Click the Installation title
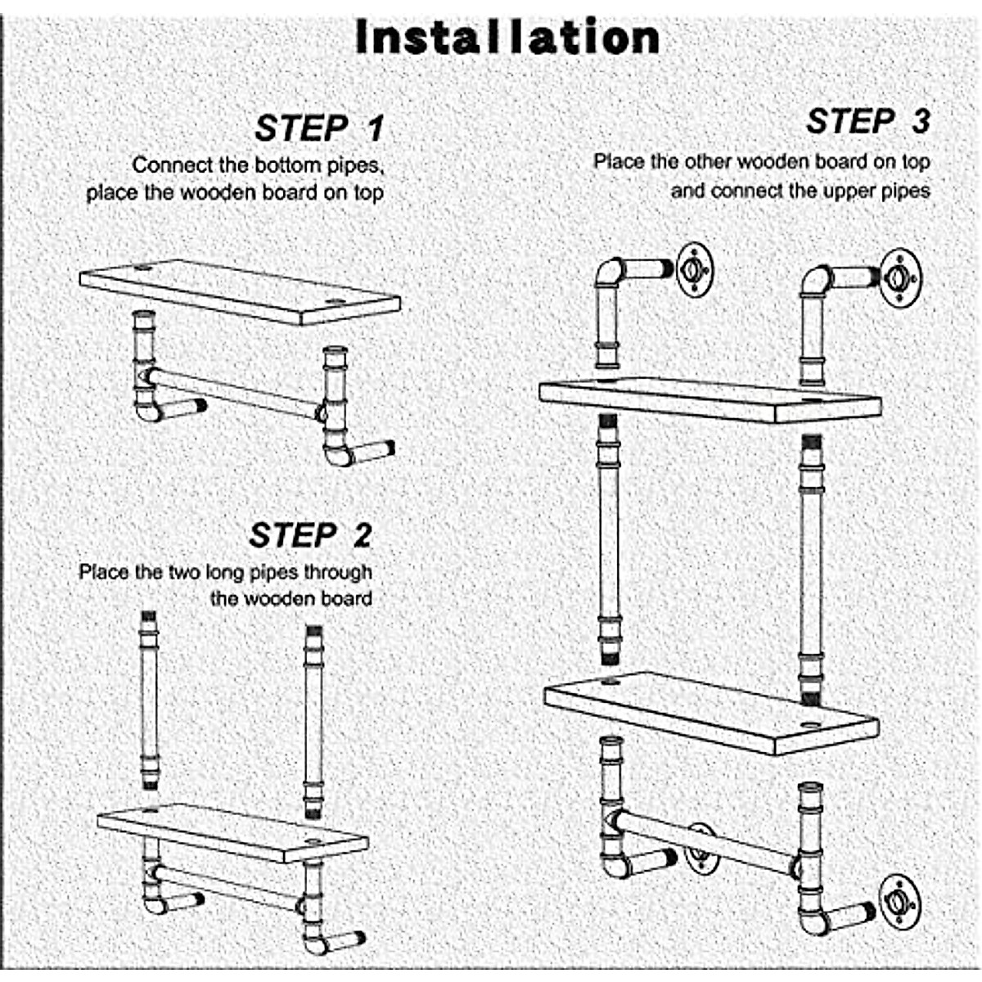coord(507,38)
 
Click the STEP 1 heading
coord(319,128)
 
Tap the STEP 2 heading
coord(310,535)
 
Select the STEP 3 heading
coord(868,122)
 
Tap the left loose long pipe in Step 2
coord(149,700)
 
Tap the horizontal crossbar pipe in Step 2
coord(229,888)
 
